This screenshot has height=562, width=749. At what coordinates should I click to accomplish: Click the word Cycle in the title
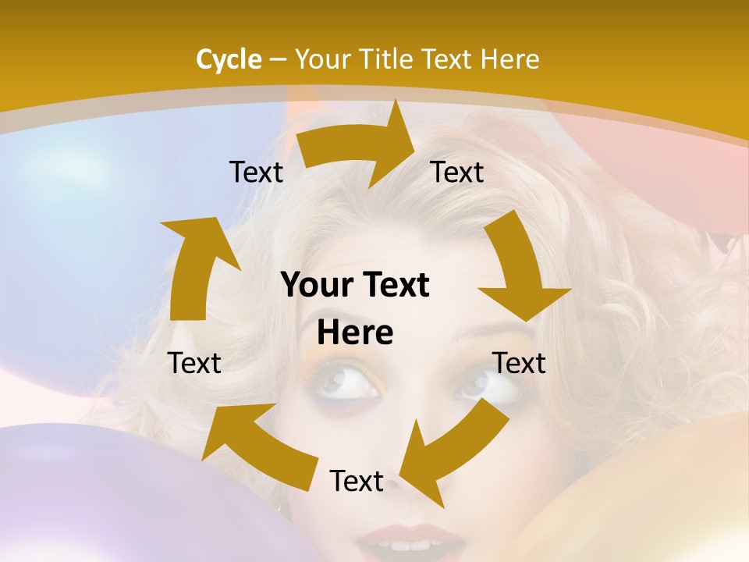(x=229, y=59)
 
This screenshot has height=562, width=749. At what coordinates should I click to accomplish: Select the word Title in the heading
(x=388, y=59)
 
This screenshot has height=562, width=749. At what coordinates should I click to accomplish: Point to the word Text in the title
(x=450, y=59)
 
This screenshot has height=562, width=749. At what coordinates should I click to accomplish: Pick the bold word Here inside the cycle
(x=355, y=333)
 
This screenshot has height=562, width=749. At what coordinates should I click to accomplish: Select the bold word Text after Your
(x=392, y=285)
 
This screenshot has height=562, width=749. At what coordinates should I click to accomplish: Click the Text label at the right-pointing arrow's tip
(x=457, y=172)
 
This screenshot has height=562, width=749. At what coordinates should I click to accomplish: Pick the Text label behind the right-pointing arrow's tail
(x=256, y=172)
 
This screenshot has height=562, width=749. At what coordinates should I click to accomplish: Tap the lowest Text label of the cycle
(x=357, y=481)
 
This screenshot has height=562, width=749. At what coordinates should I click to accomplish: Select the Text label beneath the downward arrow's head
(x=520, y=363)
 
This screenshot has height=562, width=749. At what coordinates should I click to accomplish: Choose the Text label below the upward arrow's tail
(x=195, y=363)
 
